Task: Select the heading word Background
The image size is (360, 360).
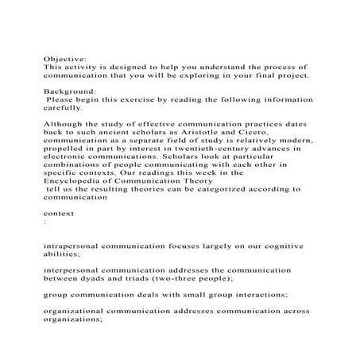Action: pos(68,92)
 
